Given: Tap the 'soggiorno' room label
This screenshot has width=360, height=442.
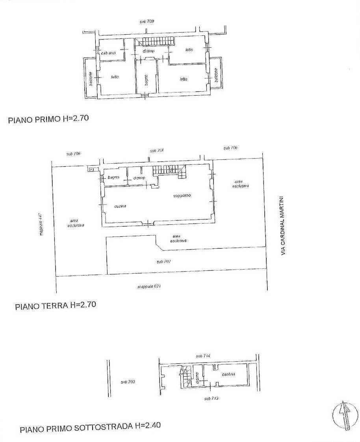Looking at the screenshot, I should point(182,196).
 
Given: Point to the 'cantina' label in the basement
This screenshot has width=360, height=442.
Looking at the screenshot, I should point(228,374).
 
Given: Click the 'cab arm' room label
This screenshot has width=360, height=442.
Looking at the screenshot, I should point(108,53).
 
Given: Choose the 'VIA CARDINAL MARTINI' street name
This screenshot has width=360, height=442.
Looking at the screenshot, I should point(282,226).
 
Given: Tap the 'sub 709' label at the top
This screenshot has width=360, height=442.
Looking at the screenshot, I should point(147,21).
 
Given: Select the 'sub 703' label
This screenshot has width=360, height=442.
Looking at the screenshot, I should point(128,382).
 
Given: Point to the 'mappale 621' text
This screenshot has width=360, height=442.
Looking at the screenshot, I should point(149,287).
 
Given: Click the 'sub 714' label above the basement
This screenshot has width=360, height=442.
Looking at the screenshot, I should point(203,356).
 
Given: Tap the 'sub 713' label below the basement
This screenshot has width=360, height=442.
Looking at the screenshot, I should point(211,399).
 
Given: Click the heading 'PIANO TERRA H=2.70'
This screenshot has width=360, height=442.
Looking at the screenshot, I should point(56,305).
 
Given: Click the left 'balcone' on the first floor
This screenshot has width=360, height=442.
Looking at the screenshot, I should point(91,80).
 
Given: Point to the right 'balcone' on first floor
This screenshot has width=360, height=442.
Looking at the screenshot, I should point(216,75).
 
